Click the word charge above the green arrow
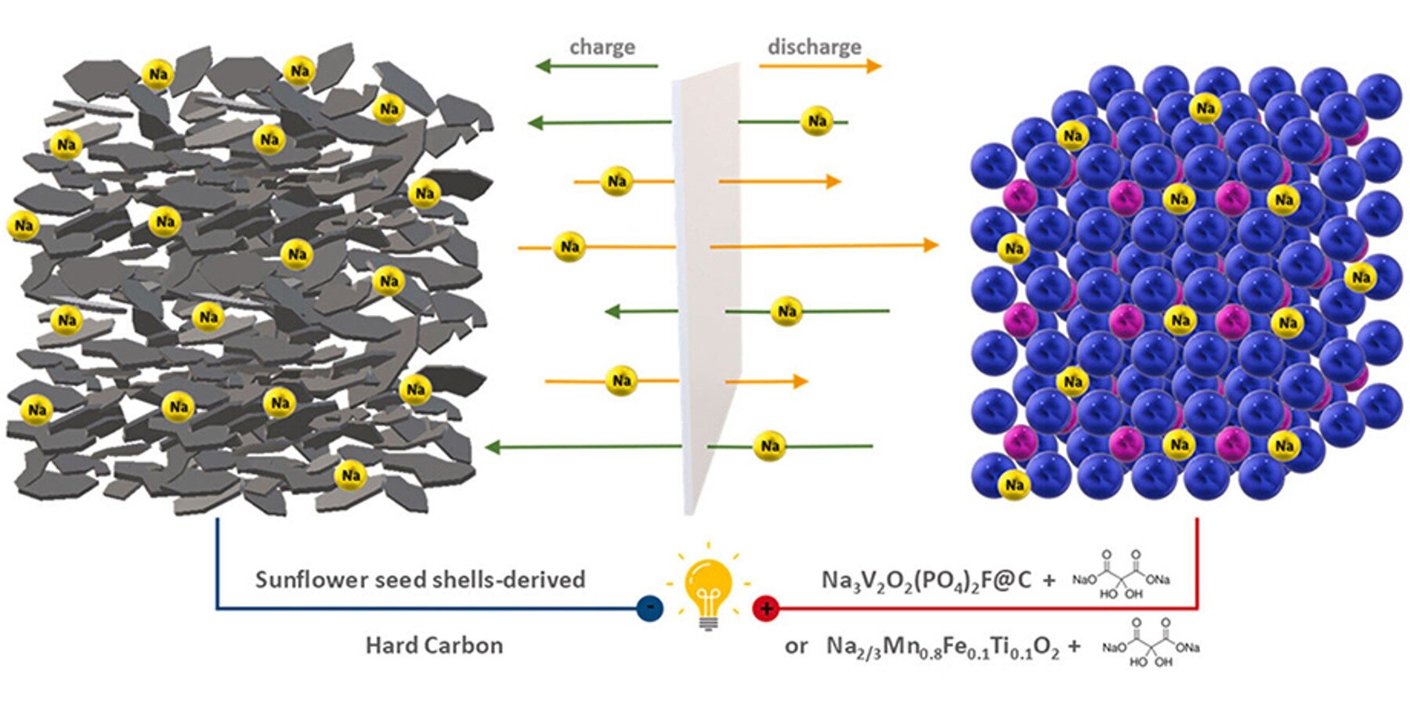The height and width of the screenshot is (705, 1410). (602, 47)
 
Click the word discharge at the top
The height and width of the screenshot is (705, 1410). (814, 47)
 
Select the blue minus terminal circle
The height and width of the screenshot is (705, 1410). (649, 608)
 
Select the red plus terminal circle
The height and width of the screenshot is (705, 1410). (765, 608)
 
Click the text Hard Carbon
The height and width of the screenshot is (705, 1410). (434, 645)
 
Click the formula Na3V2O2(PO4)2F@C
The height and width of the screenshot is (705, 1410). (926, 580)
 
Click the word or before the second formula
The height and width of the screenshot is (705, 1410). (796, 646)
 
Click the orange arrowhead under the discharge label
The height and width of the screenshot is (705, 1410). (873, 66)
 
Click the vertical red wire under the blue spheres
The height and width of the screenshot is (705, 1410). (1197, 560)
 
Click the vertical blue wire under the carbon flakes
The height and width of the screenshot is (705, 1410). (217, 560)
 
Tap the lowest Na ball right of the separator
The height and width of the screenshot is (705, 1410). (769, 446)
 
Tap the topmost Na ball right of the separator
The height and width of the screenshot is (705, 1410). (817, 121)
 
